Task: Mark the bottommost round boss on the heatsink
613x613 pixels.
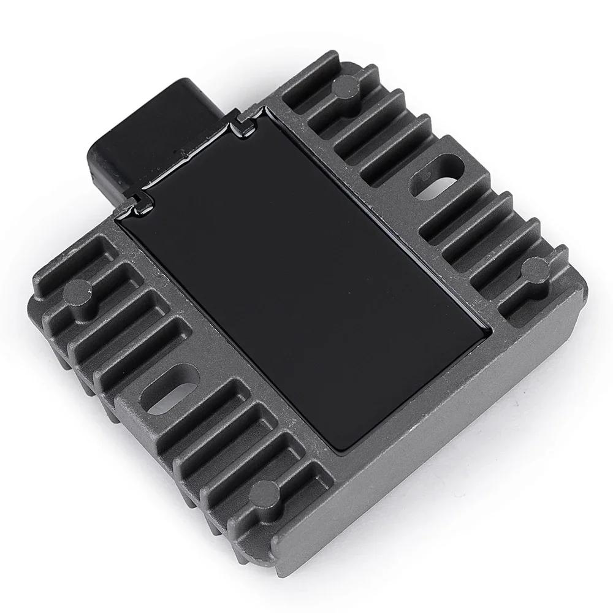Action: (x=264, y=490)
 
